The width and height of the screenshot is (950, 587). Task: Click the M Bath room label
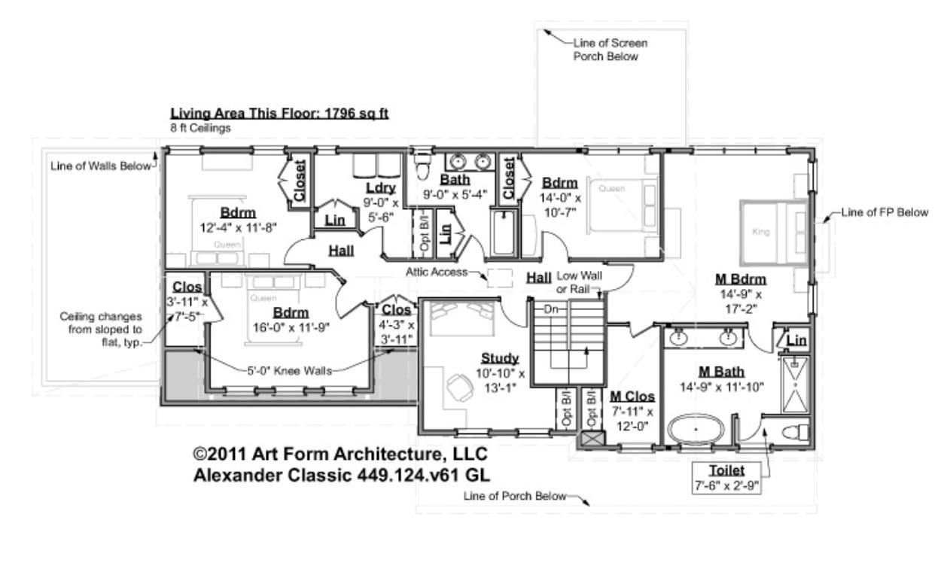720,372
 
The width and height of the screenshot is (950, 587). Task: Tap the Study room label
500,357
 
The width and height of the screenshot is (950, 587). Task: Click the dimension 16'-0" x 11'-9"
291,327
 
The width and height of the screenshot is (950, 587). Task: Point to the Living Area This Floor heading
279,114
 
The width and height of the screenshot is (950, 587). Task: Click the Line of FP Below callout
885,213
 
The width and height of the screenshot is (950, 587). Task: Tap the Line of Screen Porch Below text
610,50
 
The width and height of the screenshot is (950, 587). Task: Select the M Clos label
632,396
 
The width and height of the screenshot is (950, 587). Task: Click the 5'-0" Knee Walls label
289,370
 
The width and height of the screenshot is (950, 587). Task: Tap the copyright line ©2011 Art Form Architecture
340,455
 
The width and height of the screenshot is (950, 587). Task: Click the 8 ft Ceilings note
200,129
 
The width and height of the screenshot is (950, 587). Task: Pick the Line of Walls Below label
102,166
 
